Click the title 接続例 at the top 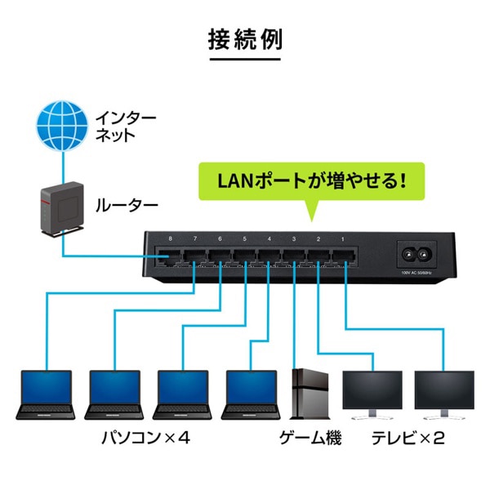[245, 39]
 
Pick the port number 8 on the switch [170, 239]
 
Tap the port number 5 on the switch [244, 239]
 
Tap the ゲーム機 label [310, 439]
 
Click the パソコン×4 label [145, 439]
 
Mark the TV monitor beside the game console [372, 394]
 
